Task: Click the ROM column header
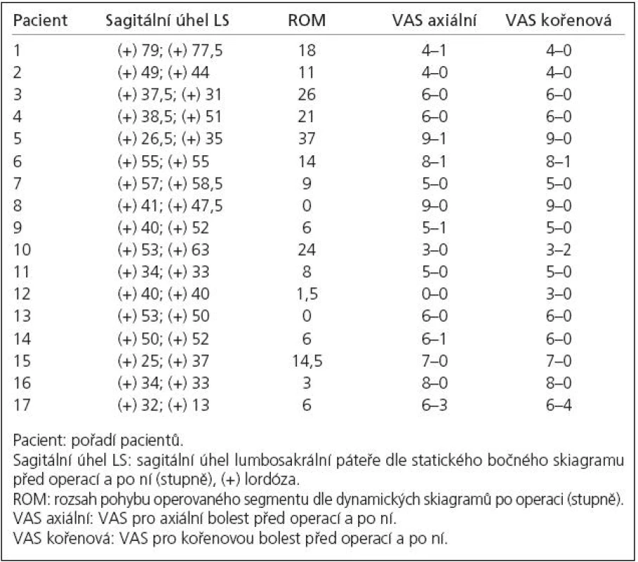tap(307, 20)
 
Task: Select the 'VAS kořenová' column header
tap(559, 20)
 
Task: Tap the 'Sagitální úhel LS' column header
tap(167, 20)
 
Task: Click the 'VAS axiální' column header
tap(434, 20)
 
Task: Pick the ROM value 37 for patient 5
tap(307, 138)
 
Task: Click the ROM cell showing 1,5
tap(307, 294)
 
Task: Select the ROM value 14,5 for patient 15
tap(307, 361)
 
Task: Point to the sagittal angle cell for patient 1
tap(170, 51)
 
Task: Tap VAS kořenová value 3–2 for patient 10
tap(559, 249)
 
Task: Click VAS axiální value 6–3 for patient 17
tap(434, 405)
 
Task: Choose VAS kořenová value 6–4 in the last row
tap(559, 405)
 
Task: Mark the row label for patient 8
tap(18, 205)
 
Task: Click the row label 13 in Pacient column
tap(22, 315)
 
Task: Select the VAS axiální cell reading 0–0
tap(434, 294)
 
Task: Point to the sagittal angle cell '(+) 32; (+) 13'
tap(163, 405)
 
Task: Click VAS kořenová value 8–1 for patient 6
tap(559, 162)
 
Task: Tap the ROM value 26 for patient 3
tap(307, 95)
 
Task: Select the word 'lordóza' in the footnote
tap(272, 480)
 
